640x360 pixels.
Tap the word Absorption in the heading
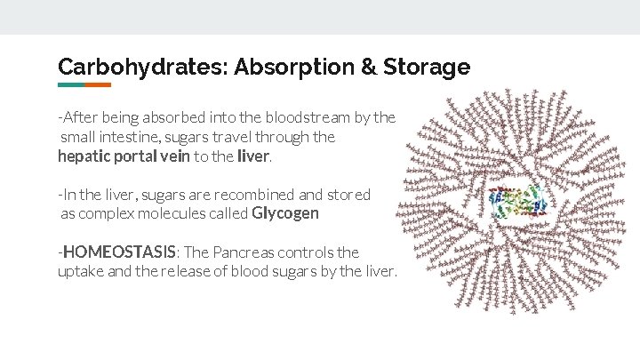[x=278, y=67]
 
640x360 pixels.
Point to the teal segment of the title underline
[x=71, y=85]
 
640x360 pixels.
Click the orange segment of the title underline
[x=98, y=85]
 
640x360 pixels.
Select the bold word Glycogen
[x=285, y=213]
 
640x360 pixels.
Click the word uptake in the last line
[x=81, y=272]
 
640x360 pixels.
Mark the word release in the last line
[x=190, y=272]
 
